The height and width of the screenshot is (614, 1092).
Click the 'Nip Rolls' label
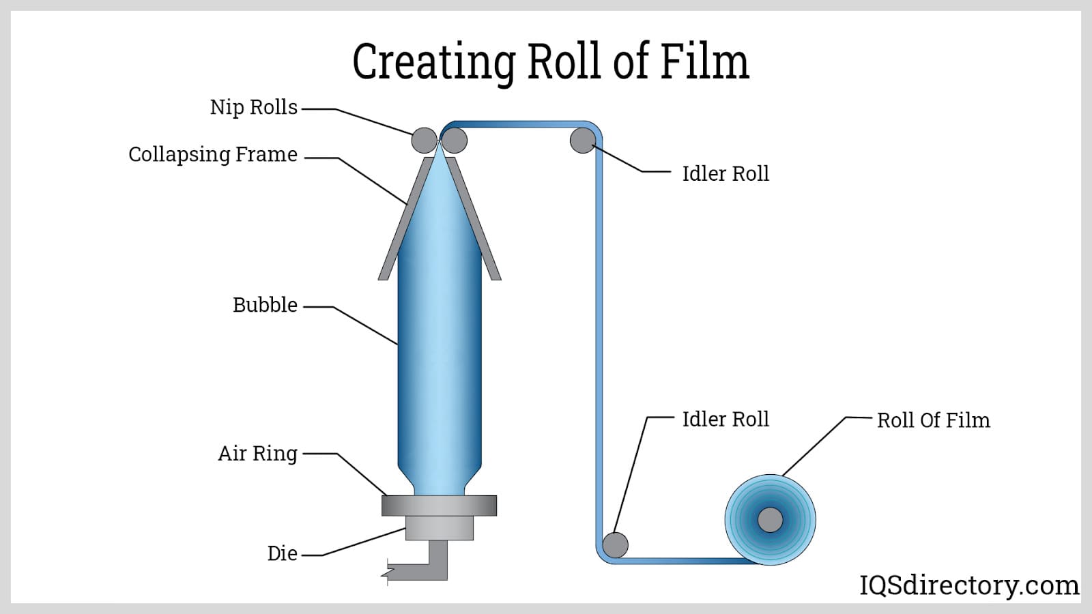click(253, 108)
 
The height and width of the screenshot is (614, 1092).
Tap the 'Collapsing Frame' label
click(212, 155)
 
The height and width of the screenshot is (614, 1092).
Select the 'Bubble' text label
click(265, 305)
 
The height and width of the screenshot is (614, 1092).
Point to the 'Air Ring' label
click(257, 454)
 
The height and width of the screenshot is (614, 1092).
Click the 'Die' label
click(282, 553)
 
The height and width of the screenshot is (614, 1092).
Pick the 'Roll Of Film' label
click(933, 420)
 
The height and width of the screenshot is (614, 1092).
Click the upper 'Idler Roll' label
click(725, 174)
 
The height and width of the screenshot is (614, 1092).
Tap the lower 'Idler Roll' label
click(725, 419)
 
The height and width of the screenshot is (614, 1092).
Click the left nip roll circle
click(424, 141)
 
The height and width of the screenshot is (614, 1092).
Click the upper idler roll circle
click(582, 140)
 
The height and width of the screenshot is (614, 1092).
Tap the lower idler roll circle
click(615, 545)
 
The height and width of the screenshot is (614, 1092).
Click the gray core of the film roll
click(770, 520)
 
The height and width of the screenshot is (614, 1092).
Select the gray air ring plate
click(439, 506)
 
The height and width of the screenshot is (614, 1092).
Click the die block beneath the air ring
click(439, 528)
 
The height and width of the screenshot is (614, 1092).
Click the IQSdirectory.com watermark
click(968, 585)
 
